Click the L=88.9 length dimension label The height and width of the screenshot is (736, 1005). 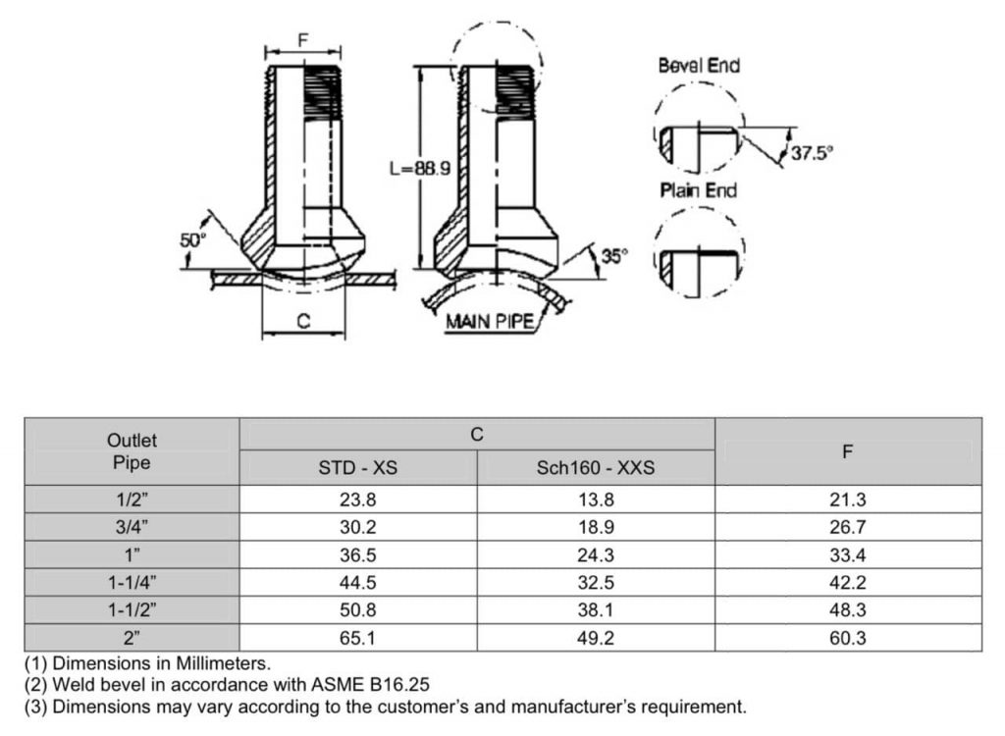click(420, 169)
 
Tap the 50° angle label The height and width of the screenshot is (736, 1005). click(192, 239)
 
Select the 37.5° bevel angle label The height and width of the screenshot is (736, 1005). click(812, 153)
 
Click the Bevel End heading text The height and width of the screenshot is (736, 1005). click(699, 66)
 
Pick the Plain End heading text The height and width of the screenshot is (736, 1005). click(698, 190)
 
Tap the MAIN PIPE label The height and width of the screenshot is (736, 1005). click(491, 321)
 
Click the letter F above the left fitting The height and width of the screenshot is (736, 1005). click(303, 40)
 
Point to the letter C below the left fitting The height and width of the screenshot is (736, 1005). click(304, 321)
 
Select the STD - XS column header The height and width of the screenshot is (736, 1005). click(357, 468)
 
